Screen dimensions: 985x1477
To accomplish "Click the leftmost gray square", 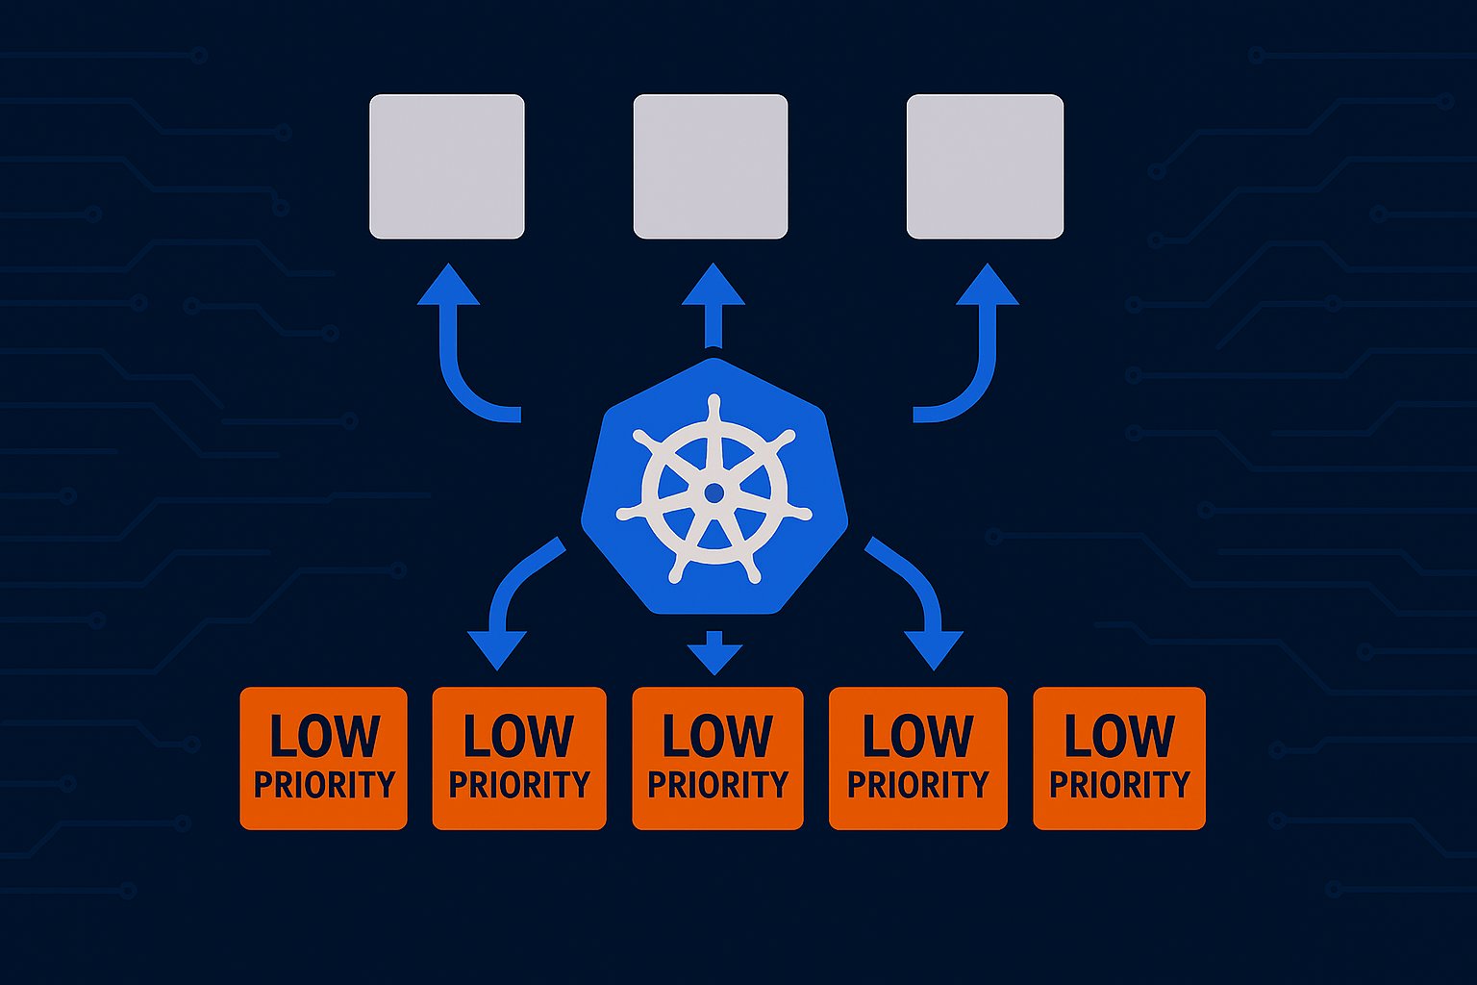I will point(447,166).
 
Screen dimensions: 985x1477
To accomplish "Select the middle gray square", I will point(711,166).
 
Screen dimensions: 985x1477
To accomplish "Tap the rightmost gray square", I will point(985,166).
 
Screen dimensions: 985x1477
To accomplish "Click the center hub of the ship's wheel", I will point(713,492).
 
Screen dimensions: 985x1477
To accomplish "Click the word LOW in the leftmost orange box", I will point(324,737).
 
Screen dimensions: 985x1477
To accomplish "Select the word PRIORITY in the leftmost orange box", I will point(324,785).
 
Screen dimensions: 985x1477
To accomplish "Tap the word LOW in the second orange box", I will point(518,737).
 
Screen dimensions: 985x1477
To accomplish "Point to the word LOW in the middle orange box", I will point(717,737).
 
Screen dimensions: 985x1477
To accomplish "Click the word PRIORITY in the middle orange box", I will point(717,785).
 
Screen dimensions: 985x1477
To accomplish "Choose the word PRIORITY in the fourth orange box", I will point(917,785).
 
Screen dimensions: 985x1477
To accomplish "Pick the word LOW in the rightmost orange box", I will point(1119,737).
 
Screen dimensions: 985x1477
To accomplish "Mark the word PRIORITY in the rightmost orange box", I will point(1119,785).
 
